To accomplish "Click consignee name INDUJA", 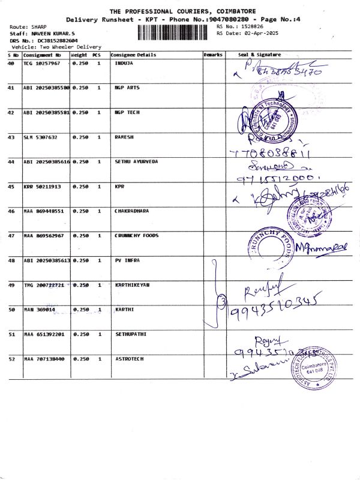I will tap(124, 63).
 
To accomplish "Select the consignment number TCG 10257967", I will tap(42, 63).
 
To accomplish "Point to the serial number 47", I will tap(11, 236).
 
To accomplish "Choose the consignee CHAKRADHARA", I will tap(132, 211).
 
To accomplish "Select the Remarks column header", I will tap(213, 55).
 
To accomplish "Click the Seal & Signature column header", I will tap(259, 55).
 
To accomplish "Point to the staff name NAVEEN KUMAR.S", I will tap(52, 34).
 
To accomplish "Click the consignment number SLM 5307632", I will tap(41, 137).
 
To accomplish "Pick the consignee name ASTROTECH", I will tap(129, 359).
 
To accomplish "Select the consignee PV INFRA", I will tap(127, 260).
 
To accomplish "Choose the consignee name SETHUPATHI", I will tap(131, 334).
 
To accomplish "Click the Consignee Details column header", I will tap(133, 55).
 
